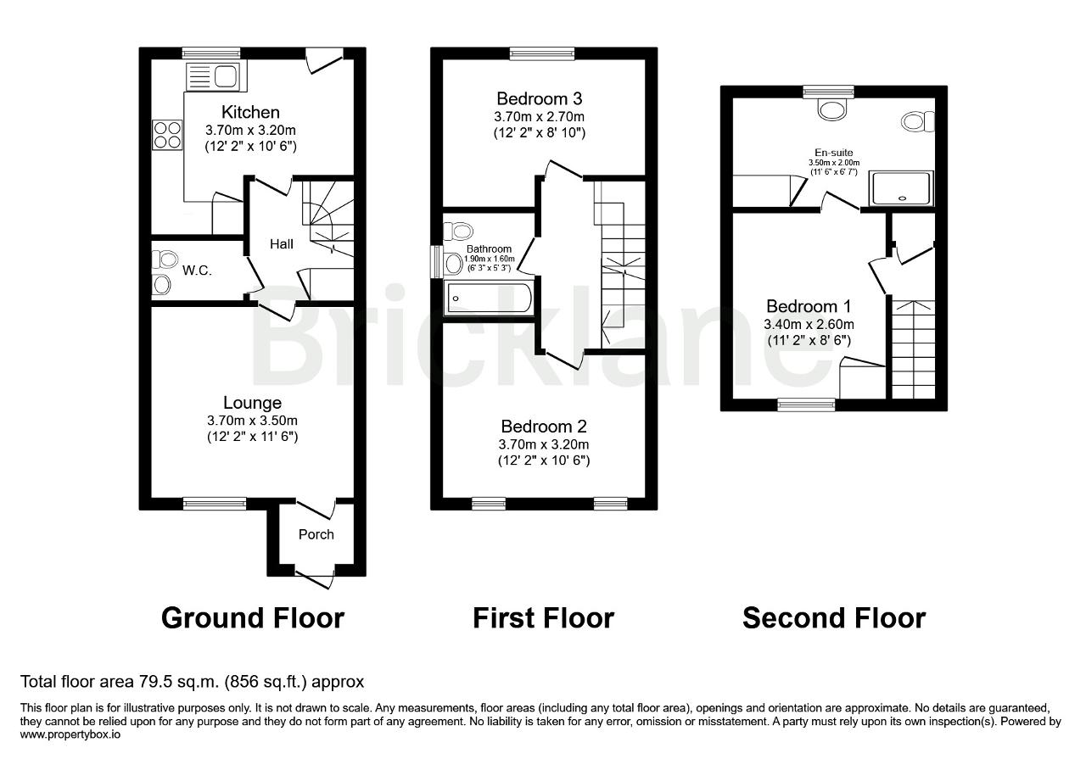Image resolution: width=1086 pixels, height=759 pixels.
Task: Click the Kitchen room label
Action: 250,112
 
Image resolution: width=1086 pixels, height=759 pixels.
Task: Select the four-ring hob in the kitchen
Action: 167,134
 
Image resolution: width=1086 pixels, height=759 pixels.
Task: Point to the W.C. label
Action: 197,271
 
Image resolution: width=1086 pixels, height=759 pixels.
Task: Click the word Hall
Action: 281,243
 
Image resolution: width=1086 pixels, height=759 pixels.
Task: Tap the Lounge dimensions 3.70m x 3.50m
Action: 252,421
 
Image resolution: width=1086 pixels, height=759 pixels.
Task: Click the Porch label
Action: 316,534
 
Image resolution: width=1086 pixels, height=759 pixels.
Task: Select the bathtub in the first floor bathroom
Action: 490,298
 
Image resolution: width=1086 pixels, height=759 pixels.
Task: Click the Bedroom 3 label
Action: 539,99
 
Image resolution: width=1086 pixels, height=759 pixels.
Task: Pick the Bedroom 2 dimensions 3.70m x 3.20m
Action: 544,444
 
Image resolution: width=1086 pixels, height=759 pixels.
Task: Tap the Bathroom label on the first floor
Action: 489,248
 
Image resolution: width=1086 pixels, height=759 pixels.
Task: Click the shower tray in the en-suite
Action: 901,188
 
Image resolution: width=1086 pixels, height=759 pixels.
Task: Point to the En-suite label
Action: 833,153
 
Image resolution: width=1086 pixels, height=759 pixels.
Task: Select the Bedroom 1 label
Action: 809,306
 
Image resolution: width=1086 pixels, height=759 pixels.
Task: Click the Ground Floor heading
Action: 253,618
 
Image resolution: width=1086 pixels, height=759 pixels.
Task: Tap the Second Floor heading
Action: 834,618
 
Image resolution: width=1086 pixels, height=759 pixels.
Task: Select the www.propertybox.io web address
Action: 70,734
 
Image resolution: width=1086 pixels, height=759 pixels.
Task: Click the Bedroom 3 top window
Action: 542,53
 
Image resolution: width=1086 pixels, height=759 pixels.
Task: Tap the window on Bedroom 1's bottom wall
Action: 806,405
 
